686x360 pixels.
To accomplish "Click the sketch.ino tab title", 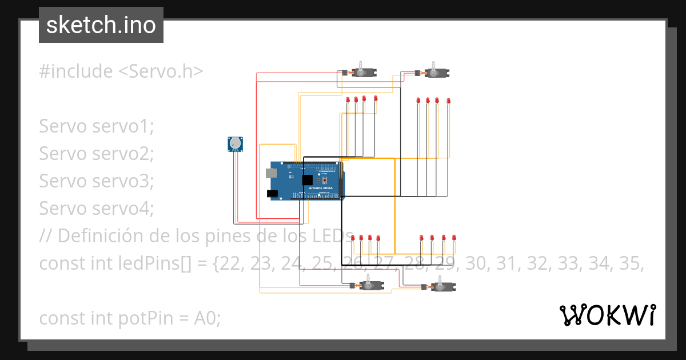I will coord(101,25).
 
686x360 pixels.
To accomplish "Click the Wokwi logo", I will coord(607,315).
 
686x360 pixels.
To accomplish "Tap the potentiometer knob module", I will coord(234,144).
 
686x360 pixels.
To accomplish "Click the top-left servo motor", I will coord(362,71).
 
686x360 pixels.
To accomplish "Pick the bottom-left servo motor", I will coord(369,285).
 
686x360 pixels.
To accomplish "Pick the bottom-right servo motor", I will coord(441,286).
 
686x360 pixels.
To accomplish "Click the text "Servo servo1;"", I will coord(97,126).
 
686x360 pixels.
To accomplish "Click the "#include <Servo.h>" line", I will coord(121,71).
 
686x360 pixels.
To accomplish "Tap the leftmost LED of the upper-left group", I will coord(348,100).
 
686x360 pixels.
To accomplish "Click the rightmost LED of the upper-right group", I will coord(448,101).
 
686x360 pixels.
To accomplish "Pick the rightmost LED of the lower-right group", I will coord(454,237).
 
